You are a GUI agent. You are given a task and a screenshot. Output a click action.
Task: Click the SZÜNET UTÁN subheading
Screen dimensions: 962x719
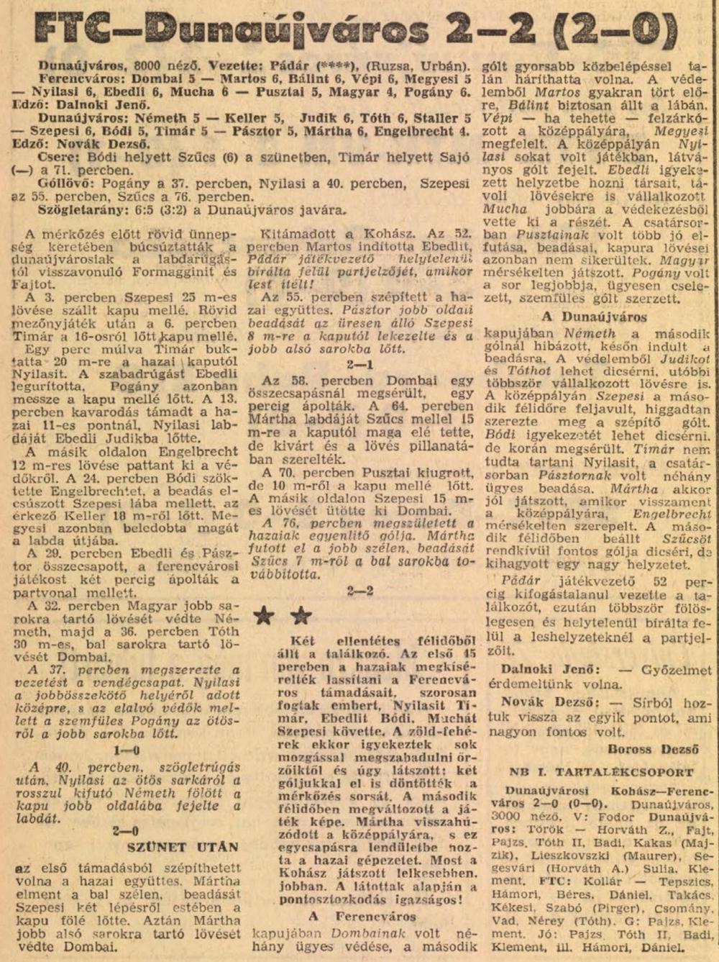point(183,847)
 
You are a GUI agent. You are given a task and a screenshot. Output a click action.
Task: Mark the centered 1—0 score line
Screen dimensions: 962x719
point(127,750)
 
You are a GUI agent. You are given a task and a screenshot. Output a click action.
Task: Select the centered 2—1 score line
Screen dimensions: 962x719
point(359,364)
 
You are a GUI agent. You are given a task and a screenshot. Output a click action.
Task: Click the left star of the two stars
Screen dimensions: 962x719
point(265,615)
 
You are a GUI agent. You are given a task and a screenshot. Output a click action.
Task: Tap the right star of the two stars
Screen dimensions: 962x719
point(301,615)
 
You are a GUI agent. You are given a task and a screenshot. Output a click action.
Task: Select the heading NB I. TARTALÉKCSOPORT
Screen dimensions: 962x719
point(601,773)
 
